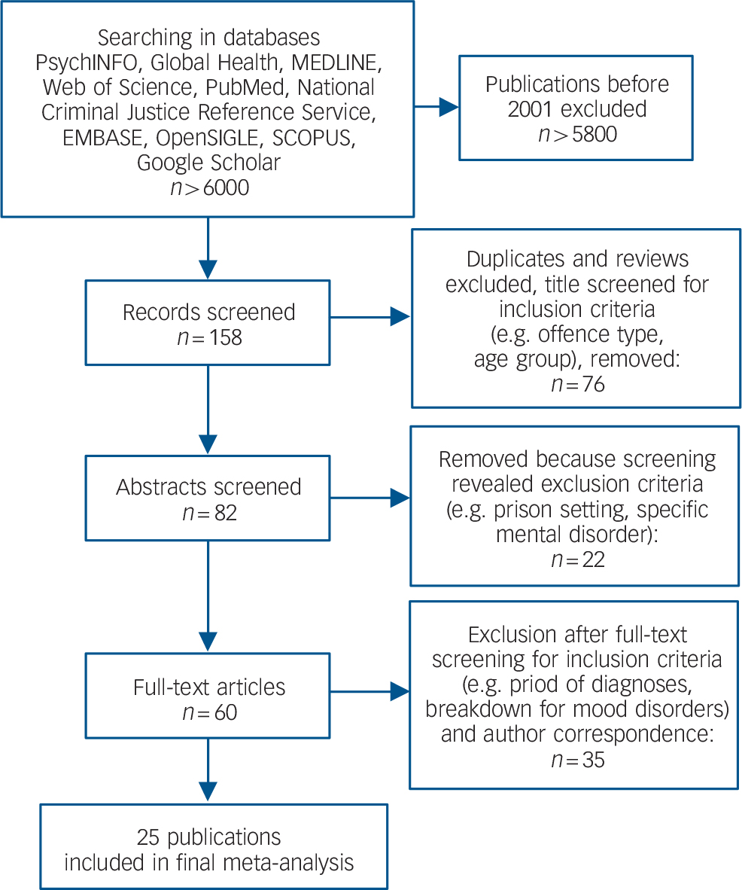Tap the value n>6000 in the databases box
click(x=209, y=187)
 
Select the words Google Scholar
click(x=209, y=161)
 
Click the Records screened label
click(x=209, y=312)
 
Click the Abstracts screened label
click(x=209, y=487)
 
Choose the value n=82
click(x=209, y=513)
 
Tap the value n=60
click(x=209, y=711)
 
